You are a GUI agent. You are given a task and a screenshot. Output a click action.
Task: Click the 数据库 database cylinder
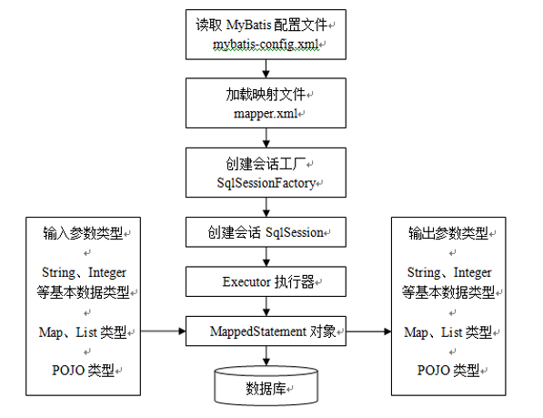[x=265, y=386]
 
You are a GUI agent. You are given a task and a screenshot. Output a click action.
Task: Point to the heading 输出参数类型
[x=447, y=233]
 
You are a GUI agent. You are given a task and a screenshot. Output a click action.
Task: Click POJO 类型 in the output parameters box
[x=447, y=370]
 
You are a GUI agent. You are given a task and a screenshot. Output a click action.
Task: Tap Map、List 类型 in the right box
[x=447, y=331]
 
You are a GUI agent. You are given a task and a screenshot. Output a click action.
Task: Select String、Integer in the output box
[x=447, y=272]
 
